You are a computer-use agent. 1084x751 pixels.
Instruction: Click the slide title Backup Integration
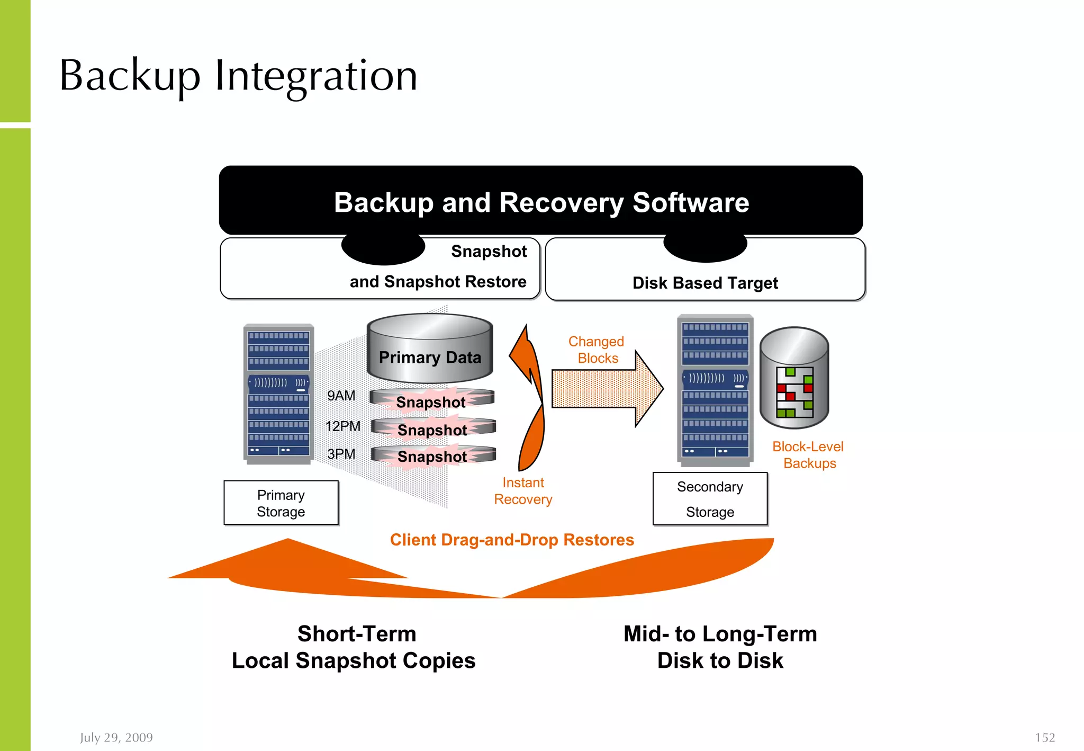[238, 76]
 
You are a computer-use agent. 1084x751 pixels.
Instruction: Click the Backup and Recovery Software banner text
[541, 202]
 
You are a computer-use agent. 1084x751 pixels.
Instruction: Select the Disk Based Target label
[705, 283]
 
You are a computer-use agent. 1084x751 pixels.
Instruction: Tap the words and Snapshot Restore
[438, 281]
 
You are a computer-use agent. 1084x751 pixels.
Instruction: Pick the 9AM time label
[341, 396]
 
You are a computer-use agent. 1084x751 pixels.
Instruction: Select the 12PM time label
[343, 426]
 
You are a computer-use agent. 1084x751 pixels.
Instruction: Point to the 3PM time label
[341, 454]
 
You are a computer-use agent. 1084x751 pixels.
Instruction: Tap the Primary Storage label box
[281, 503]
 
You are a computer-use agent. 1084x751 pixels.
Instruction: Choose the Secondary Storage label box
[710, 499]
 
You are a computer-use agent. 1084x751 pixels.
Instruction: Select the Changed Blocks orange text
[597, 350]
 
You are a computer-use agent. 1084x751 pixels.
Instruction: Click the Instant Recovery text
[523, 491]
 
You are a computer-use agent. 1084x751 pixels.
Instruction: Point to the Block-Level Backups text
[808, 455]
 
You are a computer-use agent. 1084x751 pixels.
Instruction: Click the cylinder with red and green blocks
[794, 377]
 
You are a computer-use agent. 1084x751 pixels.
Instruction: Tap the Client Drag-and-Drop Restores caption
[512, 540]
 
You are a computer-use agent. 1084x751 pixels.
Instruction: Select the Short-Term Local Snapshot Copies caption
[354, 647]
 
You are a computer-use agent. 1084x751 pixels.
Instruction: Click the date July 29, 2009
[116, 737]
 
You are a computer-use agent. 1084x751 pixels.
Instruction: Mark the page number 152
[1045, 737]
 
